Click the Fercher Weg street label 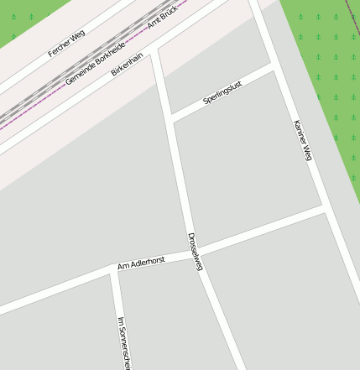click(66, 43)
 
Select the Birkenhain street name click(128, 63)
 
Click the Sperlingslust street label click(222, 93)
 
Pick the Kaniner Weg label click(303, 141)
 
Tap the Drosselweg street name click(196, 251)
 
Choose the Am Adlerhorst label click(141, 263)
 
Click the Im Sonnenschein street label click(125, 342)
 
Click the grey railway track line click(50, 88)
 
